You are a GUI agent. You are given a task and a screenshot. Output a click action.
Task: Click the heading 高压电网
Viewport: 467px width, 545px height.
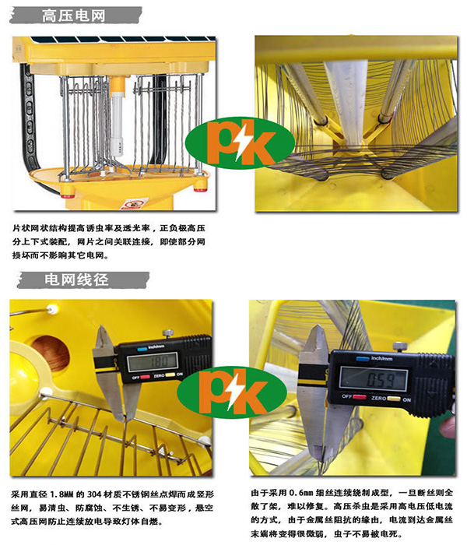coord(73,16)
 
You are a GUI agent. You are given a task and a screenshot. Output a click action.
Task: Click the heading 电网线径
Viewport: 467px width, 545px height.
coord(76,280)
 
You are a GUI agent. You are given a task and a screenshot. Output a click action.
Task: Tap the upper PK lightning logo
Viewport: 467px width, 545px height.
coord(240,142)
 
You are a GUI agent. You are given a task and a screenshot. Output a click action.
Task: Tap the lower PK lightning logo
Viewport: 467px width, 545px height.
coord(231,392)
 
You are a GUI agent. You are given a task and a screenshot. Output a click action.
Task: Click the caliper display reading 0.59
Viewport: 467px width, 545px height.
coord(373,378)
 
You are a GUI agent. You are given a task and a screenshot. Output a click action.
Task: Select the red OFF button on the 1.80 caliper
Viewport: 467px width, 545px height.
coord(145,377)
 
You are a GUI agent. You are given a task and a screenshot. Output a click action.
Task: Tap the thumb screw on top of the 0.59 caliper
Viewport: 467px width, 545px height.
coord(399,346)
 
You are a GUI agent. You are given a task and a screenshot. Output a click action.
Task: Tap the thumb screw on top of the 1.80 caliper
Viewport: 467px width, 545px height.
coord(168,332)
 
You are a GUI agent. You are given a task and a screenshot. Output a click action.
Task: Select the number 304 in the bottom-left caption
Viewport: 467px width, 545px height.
coord(94,494)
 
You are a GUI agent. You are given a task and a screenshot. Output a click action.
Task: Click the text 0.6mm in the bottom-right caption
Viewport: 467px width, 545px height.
coord(301,493)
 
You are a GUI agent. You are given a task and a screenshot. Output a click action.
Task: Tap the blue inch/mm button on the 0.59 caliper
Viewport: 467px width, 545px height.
coord(363,358)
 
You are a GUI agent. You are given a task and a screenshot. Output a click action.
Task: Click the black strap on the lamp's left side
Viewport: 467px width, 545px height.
coord(29,118)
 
